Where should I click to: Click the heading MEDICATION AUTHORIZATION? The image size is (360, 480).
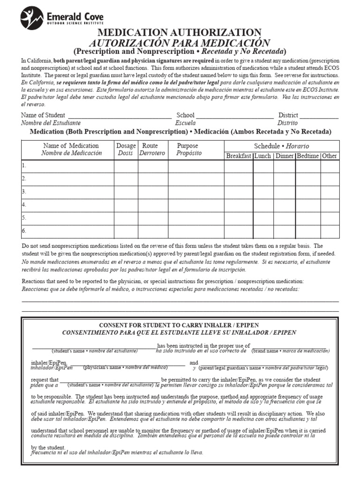pos(180,32)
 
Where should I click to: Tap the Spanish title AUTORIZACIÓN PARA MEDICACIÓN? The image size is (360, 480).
pos(180,42)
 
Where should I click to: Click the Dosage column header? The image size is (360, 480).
pos(126,150)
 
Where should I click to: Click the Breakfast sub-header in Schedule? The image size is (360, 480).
pos(238,156)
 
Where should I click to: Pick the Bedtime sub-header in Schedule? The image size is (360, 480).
pos(307,156)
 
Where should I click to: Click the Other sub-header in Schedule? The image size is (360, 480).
pos(330,156)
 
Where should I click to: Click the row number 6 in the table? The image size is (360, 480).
pos(24,231)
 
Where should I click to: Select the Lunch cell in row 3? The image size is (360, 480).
pos(263,192)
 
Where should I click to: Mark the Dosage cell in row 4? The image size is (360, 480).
pos(126,205)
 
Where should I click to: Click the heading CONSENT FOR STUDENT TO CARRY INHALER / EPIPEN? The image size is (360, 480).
pos(179,325)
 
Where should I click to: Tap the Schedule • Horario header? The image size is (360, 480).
pos(281,146)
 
